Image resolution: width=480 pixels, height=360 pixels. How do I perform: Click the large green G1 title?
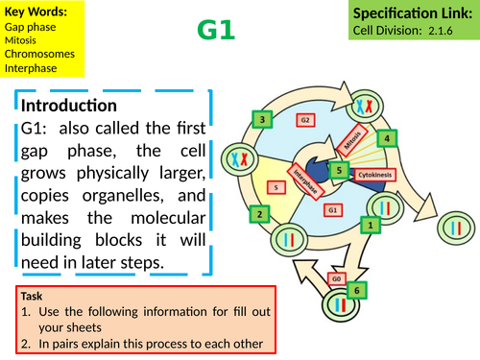click(216, 31)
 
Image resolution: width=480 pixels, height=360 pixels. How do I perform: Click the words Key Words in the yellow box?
click(36, 12)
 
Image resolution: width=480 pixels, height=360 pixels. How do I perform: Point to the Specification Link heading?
click(414, 12)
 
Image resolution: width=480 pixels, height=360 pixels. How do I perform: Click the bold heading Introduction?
click(69, 105)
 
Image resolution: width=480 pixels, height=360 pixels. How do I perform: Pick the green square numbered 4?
click(386, 137)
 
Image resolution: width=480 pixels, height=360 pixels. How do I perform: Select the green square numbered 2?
click(257, 213)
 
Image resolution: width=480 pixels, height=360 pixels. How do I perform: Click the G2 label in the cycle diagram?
click(303, 121)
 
